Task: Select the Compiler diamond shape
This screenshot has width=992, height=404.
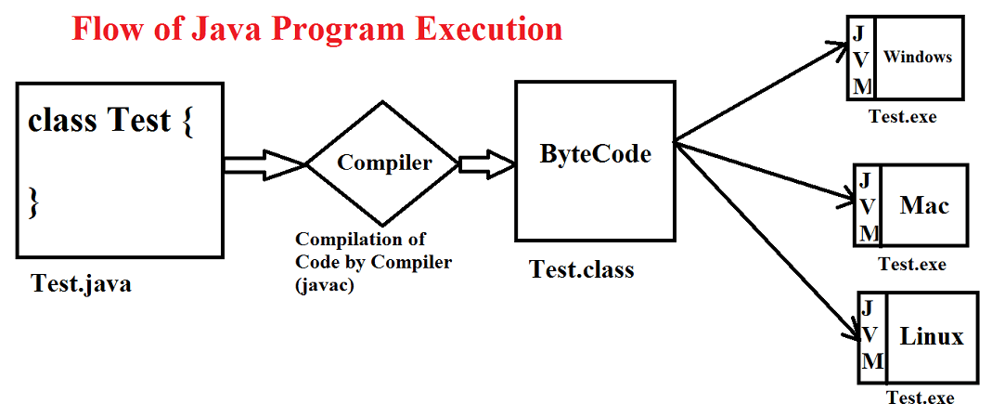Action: pos(382,163)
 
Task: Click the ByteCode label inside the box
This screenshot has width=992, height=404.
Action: pos(596,154)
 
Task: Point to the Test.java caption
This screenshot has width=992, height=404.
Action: pos(82,283)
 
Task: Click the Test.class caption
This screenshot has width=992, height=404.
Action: pos(582,269)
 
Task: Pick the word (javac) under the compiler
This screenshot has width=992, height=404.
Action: pos(325,286)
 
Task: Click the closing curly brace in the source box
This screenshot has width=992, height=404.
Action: pos(34,204)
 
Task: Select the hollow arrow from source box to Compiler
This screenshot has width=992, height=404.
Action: pos(265,164)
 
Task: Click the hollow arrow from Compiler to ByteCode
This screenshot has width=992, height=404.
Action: pos(486,164)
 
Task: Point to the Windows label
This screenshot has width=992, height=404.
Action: pos(918,57)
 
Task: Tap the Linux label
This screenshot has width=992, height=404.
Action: pos(932,336)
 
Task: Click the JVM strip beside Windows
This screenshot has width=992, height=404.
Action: pos(861,58)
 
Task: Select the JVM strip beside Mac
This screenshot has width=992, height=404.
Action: pos(867,206)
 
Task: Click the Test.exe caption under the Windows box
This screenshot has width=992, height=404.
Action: pos(902,117)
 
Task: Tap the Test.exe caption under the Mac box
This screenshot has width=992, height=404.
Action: pos(912,264)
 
